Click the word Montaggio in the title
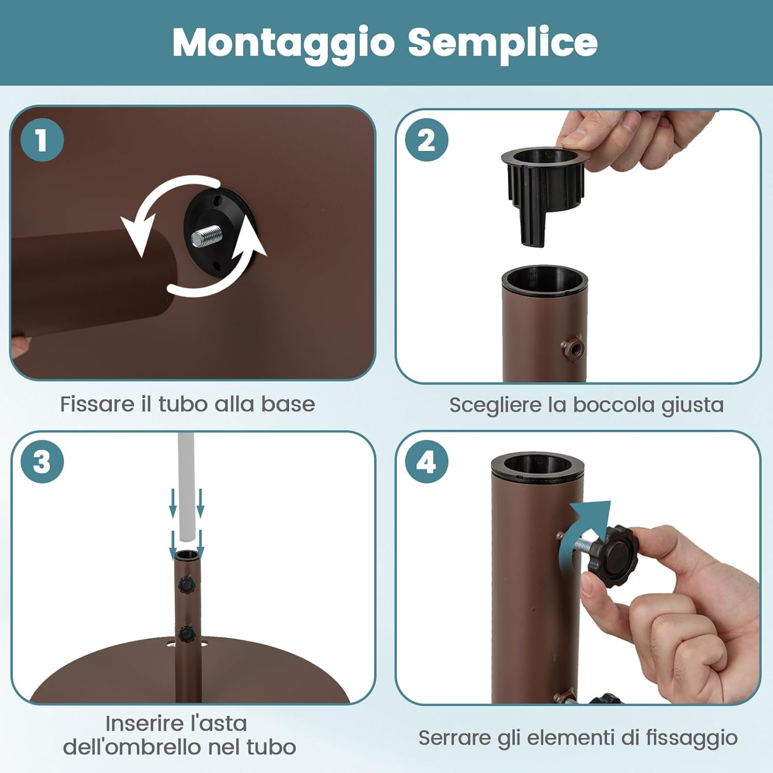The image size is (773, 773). coord(283,43)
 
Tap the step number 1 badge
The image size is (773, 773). coord(42,140)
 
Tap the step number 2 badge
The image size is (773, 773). coord(426,140)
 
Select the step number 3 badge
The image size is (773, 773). coord(42,461)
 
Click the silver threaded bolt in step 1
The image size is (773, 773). coord(207,237)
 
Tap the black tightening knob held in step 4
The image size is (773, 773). coord(613,557)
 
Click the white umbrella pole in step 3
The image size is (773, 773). coord(187,490)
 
